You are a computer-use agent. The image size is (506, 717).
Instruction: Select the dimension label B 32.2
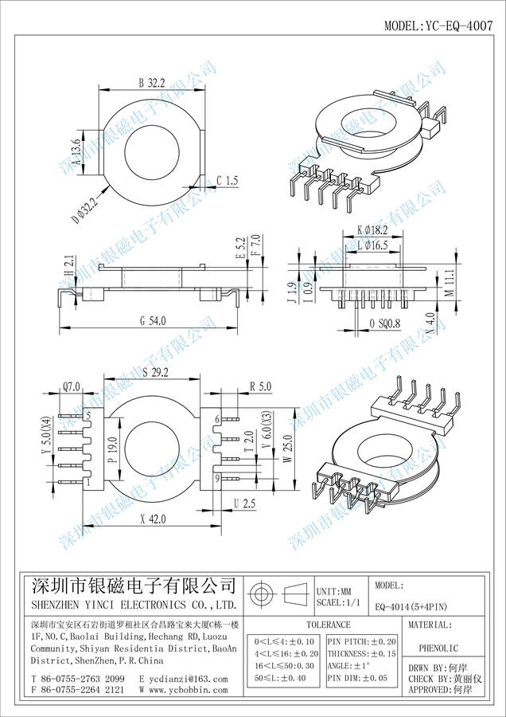point(151,82)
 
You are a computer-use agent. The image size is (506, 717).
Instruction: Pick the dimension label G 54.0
point(153,320)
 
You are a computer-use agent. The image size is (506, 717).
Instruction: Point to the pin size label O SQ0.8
point(386,323)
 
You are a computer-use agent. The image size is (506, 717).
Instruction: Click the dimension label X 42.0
point(152,519)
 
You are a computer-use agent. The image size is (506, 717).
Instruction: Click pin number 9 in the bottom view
point(217,478)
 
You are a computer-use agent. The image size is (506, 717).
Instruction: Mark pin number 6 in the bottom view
point(217,419)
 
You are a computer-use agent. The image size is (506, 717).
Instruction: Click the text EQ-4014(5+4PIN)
point(411,605)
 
